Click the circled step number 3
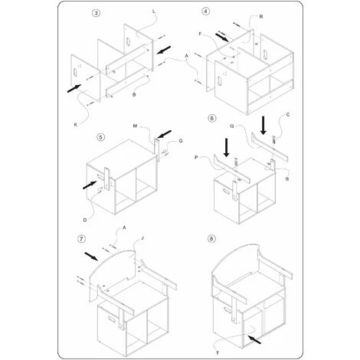pyautogui.click(x=96, y=13)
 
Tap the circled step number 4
pyautogui.click(x=206, y=11)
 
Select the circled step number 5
pyautogui.click(x=101, y=137)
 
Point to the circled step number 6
pyautogui.click(x=212, y=118)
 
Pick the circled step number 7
pyautogui.click(x=81, y=239)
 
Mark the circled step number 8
pyautogui.click(x=211, y=239)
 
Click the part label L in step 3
pyautogui.click(x=153, y=11)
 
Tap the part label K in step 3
pyautogui.click(x=76, y=125)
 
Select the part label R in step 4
pyautogui.click(x=261, y=17)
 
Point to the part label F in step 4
pyautogui.click(x=200, y=34)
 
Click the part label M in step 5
pyautogui.click(x=136, y=126)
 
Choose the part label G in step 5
pyautogui.click(x=181, y=141)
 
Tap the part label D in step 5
pyautogui.click(x=85, y=220)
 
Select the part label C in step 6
pyautogui.click(x=288, y=115)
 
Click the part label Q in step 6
pyautogui.click(x=232, y=126)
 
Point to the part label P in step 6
pyautogui.click(x=196, y=158)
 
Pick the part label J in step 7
pyautogui.click(x=142, y=238)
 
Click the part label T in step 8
pyautogui.click(x=218, y=353)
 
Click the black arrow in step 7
pyautogui.click(x=91, y=257)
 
